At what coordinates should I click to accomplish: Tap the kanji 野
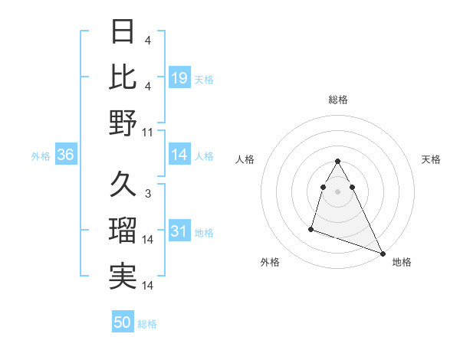coord(123,123)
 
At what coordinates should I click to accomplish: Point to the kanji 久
coord(123,185)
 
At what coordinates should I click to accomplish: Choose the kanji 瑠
coord(123,231)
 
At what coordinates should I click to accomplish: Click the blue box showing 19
coord(179,77)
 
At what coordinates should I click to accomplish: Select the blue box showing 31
coord(179,232)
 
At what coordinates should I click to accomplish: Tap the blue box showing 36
coord(66,155)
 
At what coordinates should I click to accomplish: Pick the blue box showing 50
coord(123,322)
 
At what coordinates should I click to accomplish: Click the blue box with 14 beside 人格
coord(179,155)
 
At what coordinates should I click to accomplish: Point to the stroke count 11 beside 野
coord(148,133)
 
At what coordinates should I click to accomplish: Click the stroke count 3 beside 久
coord(148,194)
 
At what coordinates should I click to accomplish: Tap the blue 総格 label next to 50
coord(147,324)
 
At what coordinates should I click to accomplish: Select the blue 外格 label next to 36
coord(41,156)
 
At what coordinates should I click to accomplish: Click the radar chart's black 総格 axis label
coord(338,100)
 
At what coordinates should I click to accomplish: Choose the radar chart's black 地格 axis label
coord(402,262)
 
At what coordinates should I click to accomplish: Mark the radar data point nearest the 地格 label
coord(383,254)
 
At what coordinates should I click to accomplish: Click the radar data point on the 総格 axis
coord(338,162)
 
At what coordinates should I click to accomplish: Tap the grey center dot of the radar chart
coord(338,191)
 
